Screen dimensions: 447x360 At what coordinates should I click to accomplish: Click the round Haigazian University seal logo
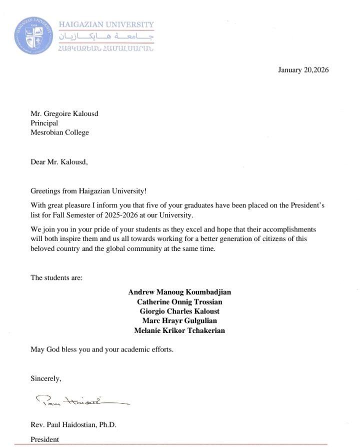pos(34,36)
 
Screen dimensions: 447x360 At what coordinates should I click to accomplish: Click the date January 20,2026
pos(303,70)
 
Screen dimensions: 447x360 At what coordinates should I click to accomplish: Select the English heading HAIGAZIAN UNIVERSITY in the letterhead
pos(106,24)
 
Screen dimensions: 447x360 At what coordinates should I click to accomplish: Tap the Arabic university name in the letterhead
pos(106,36)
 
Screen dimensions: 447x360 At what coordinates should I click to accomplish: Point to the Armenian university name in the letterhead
pos(106,48)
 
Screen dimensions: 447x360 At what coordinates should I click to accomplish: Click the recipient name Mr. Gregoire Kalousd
pos(64,113)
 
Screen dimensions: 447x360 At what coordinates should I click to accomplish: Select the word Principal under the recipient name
pos(44,123)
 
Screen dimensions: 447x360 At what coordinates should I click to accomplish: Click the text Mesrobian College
pos(59,132)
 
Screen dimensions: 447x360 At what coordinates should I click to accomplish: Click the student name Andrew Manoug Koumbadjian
pos(179,292)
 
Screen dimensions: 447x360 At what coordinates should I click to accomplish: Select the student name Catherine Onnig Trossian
pos(179,301)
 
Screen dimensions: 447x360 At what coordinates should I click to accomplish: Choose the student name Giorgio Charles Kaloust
pos(179,311)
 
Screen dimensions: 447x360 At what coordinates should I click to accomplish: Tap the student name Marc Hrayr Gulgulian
pos(179,320)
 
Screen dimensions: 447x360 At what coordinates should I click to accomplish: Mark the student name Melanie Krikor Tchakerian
pos(179,330)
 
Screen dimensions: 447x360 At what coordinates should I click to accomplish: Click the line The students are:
pos(56,277)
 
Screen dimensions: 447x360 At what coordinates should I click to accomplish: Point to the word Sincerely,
pos(45,378)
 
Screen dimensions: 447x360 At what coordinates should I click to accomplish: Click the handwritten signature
pos(80,400)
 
